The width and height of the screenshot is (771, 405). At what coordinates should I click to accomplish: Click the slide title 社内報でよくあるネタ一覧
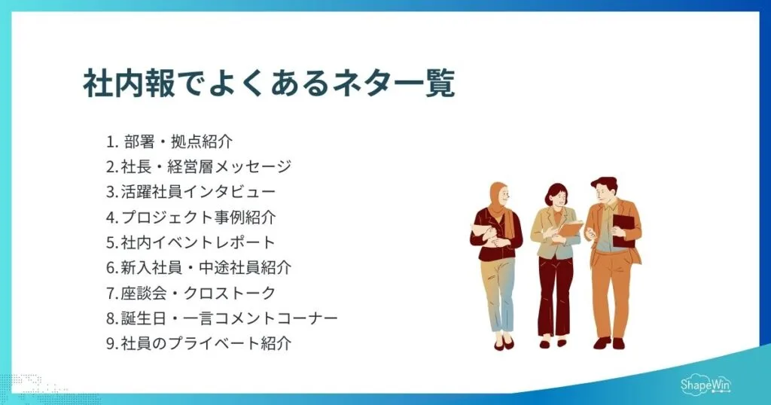pos(269,84)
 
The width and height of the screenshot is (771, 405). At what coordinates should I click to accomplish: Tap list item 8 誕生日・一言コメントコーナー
pos(221,318)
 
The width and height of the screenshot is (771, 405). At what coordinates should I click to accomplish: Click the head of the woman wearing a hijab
pos(499,197)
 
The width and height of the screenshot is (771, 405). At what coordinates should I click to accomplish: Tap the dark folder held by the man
pos(623,229)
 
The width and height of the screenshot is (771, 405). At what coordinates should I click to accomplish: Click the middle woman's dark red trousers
pos(556,294)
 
